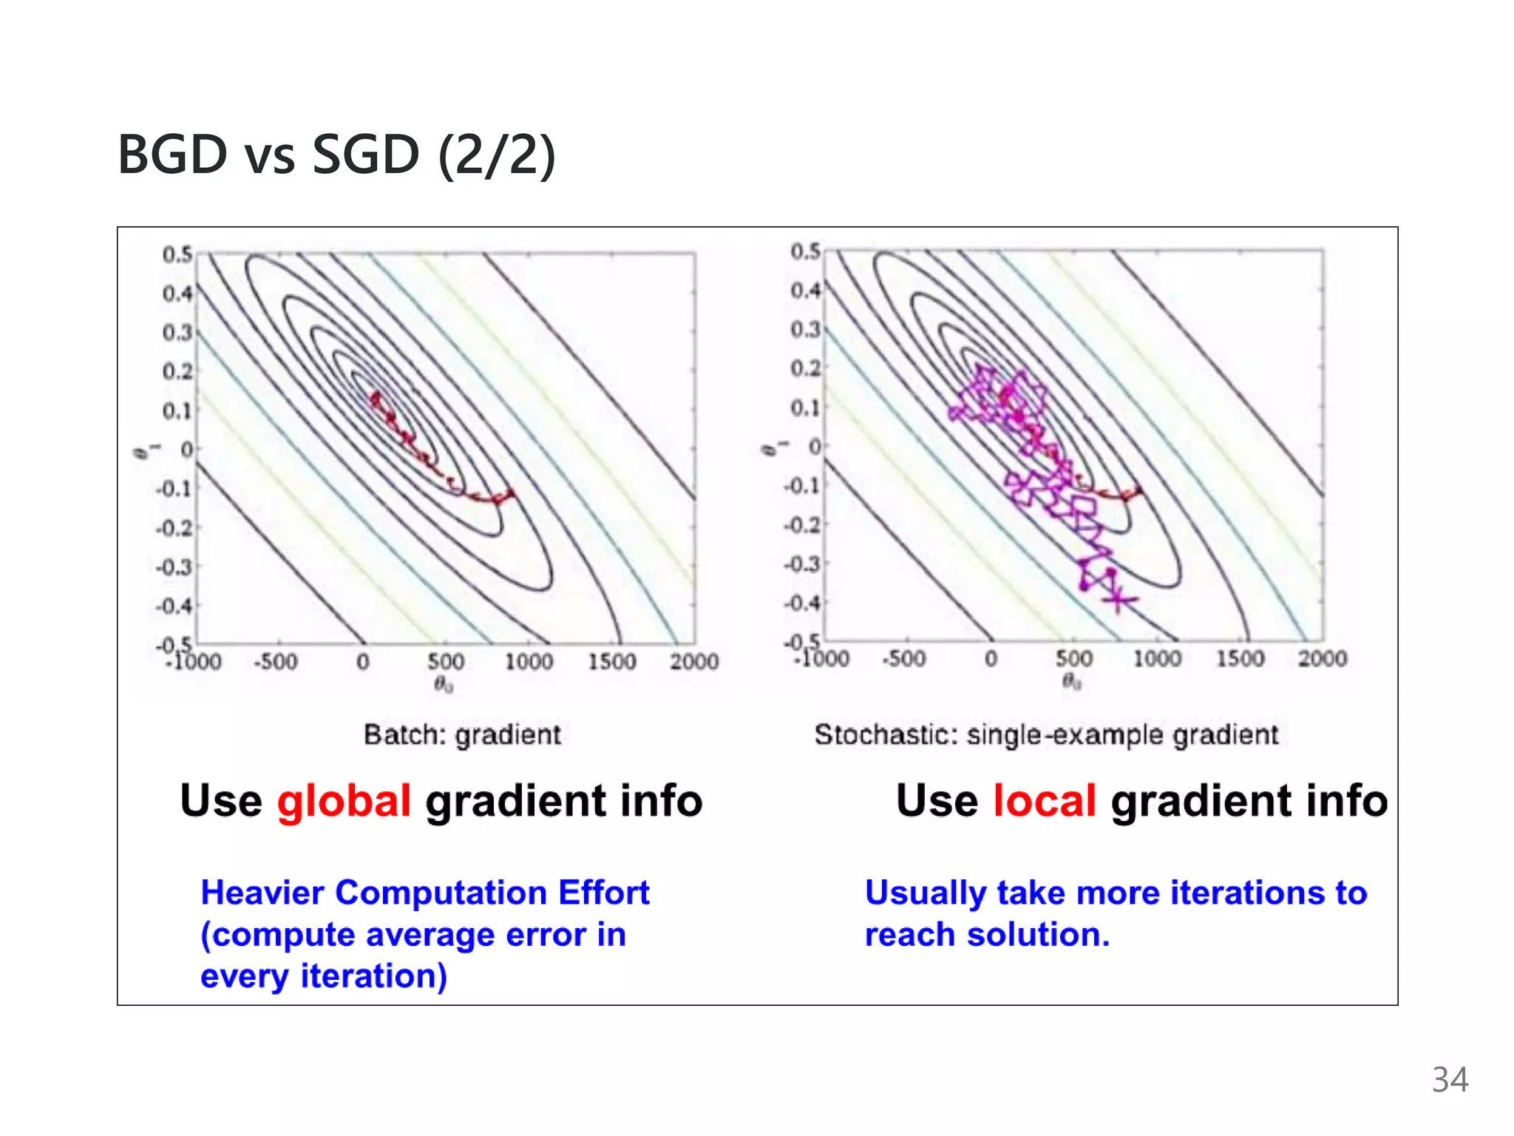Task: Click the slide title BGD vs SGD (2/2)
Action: point(336,155)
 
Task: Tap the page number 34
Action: point(1449,1080)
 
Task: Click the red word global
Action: point(344,801)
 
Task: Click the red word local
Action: point(1044,801)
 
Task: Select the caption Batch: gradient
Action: point(462,734)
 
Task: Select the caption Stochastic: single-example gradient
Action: point(1046,734)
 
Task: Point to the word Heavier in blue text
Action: point(262,893)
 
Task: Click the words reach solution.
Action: point(988,935)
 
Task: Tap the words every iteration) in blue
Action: point(324,976)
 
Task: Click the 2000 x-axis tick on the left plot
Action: point(693,661)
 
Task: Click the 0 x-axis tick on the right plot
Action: point(991,658)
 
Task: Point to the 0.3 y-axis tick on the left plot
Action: point(177,332)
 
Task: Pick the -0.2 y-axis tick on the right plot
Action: point(803,525)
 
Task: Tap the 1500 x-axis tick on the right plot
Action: point(1240,658)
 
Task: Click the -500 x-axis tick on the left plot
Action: point(276,661)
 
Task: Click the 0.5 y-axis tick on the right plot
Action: point(805,251)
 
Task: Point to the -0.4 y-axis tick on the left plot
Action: point(174,606)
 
